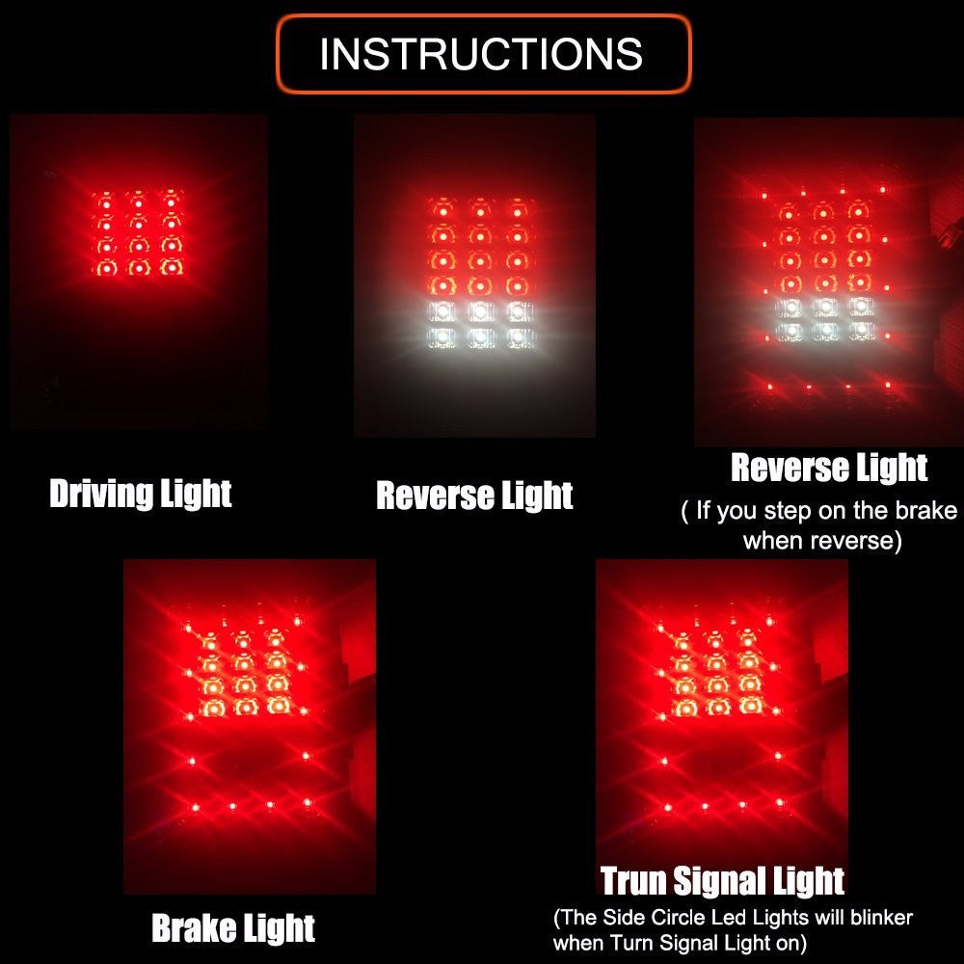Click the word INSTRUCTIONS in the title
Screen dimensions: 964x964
click(481, 54)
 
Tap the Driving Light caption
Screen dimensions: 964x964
click(140, 494)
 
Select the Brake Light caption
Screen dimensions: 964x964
click(233, 927)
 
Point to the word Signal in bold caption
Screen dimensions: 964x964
click(718, 882)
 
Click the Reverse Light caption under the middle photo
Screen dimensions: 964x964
click(474, 495)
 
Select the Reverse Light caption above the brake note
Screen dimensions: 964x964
click(829, 468)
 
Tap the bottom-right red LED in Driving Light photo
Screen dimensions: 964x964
click(172, 267)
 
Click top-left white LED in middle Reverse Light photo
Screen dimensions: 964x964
click(442, 311)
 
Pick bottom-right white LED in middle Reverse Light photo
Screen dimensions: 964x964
click(519, 336)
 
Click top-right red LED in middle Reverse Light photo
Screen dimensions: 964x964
click(518, 209)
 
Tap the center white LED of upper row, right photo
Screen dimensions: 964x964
click(825, 307)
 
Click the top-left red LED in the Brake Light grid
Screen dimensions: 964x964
click(210, 641)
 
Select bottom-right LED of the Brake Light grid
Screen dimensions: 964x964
click(278, 707)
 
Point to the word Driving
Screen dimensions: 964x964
click(101, 494)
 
